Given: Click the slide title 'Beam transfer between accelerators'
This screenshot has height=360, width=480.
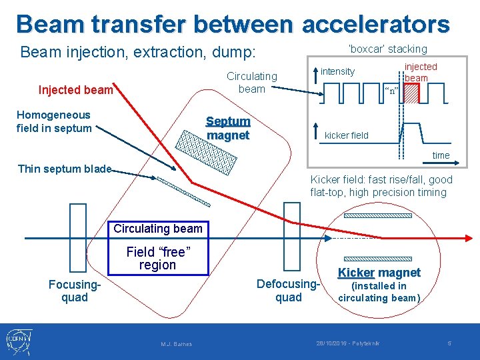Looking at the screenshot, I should click(x=233, y=24).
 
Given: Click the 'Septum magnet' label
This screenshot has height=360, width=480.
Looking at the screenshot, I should click(x=228, y=129).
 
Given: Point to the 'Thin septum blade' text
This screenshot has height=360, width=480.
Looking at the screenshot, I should click(x=65, y=169).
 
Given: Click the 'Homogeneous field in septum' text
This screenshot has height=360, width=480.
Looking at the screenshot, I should click(x=54, y=121).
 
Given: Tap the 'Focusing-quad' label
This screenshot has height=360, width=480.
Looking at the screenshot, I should click(x=75, y=291).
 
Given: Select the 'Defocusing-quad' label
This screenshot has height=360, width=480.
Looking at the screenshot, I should click(x=289, y=291).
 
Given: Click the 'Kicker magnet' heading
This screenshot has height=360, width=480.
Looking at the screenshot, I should click(x=379, y=272).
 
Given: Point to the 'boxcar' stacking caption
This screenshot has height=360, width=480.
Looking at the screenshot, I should click(x=387, y=49).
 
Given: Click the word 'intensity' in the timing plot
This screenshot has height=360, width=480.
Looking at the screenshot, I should click(x=337, y=71).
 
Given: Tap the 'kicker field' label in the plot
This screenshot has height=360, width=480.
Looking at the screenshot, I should click(x=346, y=135).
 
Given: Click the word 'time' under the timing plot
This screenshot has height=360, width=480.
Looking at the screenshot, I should click(x=441, y=155).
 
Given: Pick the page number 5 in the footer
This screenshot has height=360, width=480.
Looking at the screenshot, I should click(x=449, y=343).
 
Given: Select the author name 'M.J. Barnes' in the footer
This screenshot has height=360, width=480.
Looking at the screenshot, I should click(x=177, y=344).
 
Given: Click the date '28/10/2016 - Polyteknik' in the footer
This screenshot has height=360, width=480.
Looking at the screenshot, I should click(x=347, y=343).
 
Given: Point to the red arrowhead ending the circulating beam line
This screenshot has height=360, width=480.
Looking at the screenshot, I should click(x=469, y=238).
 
